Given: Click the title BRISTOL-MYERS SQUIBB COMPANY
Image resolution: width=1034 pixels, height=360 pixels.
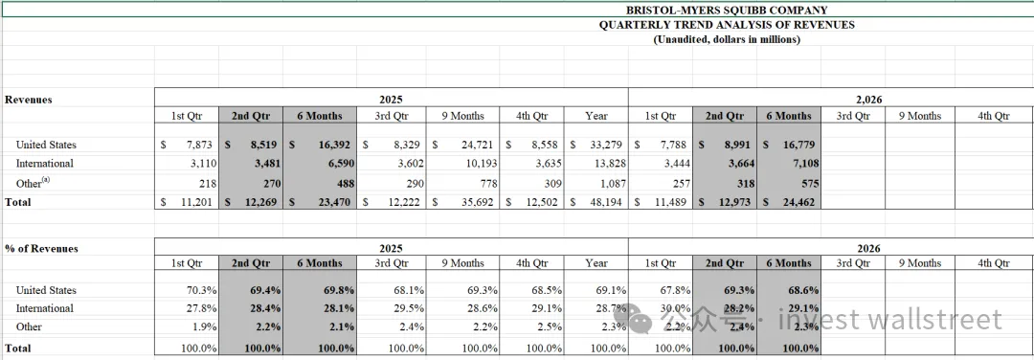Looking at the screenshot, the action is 726,10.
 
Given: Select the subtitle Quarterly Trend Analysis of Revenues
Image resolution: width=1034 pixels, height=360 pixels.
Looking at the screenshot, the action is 726,25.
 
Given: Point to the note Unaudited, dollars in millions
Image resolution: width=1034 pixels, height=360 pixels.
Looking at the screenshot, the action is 726,39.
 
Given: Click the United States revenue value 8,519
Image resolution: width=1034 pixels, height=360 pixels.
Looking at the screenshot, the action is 261,145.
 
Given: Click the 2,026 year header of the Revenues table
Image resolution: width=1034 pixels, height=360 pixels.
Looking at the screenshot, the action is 869,100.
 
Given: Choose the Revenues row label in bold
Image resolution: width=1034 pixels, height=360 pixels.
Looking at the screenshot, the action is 29,100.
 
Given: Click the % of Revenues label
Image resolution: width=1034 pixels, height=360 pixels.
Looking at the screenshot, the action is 41,249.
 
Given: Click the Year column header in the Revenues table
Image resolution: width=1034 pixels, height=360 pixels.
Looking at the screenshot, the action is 596,116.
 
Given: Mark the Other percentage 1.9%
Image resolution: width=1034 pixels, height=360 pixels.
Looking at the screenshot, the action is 203,326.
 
